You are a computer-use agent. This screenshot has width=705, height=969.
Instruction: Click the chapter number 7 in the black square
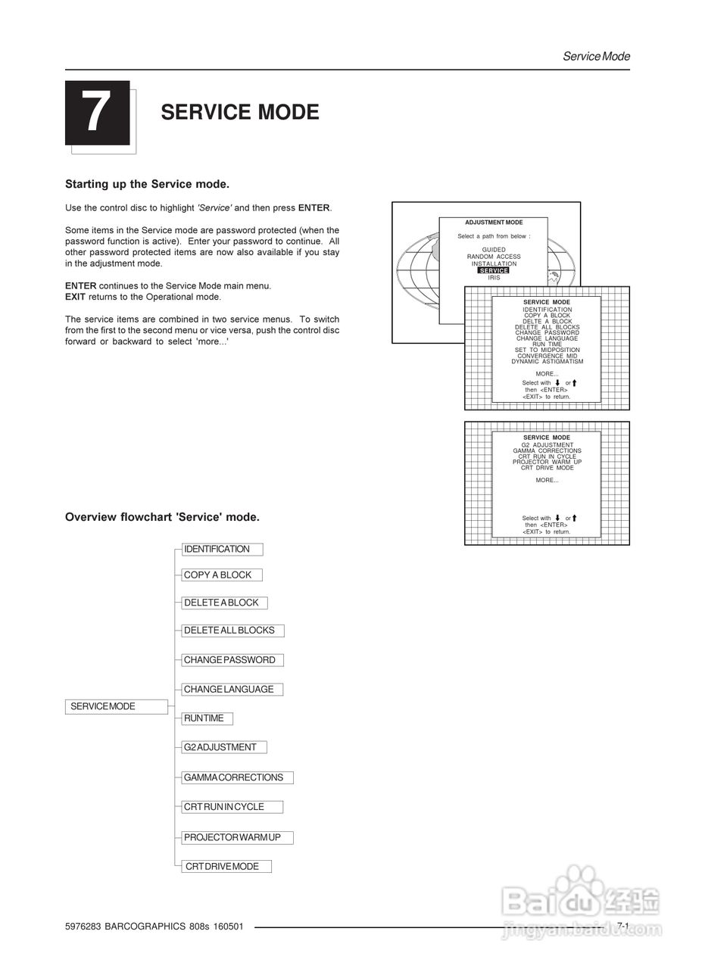click(x=97, y=112)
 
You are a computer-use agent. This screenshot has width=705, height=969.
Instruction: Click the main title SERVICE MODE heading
click(x=239, y=112)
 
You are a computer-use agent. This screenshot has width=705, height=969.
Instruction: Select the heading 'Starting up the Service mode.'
click(x=147, y=184)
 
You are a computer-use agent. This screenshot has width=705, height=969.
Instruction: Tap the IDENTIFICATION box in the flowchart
click(x=221, y=550)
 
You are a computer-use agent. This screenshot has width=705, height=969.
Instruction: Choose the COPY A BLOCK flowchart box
click(x=221, y=575)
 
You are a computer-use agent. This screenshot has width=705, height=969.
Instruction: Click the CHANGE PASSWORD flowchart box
click(x=232, y=660)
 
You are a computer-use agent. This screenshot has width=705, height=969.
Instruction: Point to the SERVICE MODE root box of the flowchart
click(x=116, y=706)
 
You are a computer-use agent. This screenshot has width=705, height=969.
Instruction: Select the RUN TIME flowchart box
click(x=207, y=718)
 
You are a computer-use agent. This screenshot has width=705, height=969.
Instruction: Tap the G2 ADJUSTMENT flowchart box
click(x=223, y=747)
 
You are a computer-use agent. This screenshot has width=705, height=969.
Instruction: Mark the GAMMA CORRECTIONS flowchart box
click(x=236, y=777)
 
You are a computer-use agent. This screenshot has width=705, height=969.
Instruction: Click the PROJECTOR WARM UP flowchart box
click(x=236, y=837)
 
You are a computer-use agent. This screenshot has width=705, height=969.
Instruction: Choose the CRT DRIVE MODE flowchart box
click(x=226, y=867)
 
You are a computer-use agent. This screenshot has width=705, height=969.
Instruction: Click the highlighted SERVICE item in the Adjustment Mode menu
click(x=494, y=271)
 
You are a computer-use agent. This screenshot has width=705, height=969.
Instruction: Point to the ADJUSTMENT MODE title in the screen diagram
click(x=494, y=223)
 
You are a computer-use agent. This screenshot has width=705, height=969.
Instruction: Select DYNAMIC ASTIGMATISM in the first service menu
click(x=547, y=362)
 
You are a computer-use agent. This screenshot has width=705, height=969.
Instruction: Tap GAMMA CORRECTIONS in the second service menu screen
click(x=547, y=451)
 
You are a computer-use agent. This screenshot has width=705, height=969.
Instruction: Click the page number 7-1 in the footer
click(x=622, y=926)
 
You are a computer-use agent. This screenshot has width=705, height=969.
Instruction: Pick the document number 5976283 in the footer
click(x=83, y=927)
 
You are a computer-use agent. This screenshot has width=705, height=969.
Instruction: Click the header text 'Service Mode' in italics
click(x=596, y=57)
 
